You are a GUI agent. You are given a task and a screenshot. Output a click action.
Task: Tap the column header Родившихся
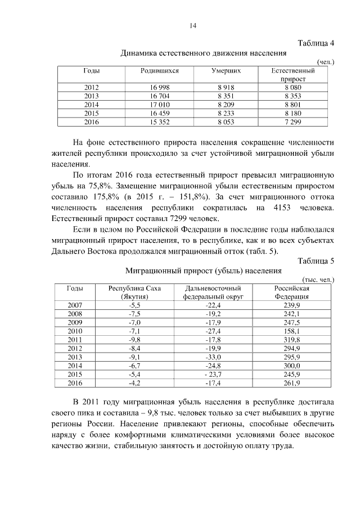[x=160, y=71]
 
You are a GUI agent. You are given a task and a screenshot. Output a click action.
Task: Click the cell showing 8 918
[x=226, y=87]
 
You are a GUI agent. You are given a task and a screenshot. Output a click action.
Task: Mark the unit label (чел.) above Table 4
[x=326, y=62]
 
